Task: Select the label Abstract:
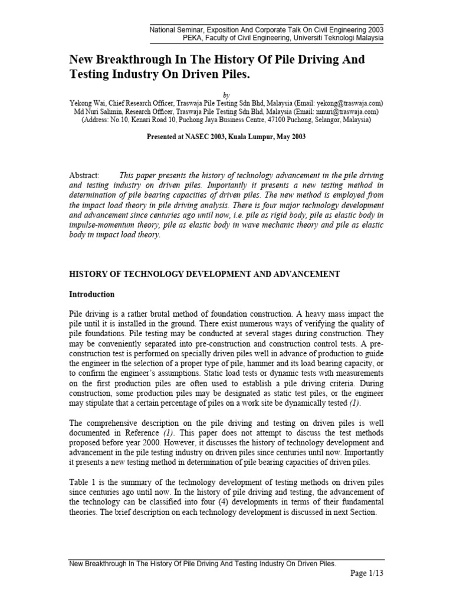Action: (x=86, y=175)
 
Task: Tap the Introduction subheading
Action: (x=92, y=294)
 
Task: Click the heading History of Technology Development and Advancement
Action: (x=205, y=274)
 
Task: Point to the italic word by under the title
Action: (x=227, y=93)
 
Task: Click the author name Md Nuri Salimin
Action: (x=93, y=110)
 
